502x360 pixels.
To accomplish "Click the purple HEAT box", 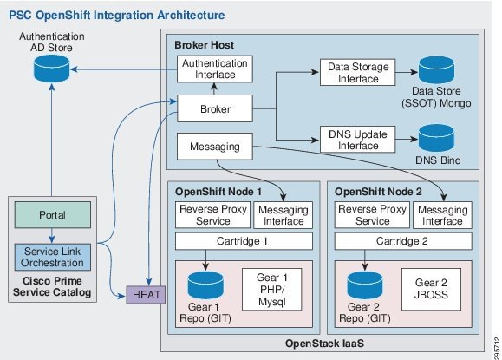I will coord(142,296).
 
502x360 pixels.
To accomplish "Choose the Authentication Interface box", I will coord(213,71).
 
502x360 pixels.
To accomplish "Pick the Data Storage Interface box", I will coord(355,71).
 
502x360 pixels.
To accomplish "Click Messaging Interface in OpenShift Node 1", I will coord(283,214).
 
